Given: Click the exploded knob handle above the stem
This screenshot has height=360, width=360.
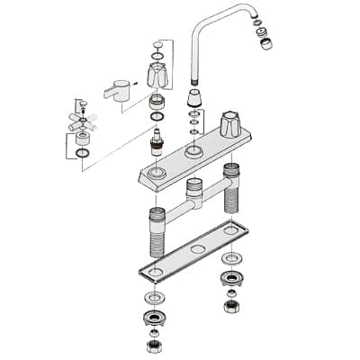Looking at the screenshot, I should pos(158,76).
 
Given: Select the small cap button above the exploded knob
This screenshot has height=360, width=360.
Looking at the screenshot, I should pos(159,44).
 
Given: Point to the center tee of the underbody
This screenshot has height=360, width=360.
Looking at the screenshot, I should pos(193,193).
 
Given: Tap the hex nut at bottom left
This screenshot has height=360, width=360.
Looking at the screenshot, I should pos(151,346).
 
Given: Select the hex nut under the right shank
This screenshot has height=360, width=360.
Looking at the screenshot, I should pos(232,307).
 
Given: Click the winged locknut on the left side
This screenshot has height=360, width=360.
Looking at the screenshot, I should pos(152,319).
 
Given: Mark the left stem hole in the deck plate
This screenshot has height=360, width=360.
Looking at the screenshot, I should pos(158,170).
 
